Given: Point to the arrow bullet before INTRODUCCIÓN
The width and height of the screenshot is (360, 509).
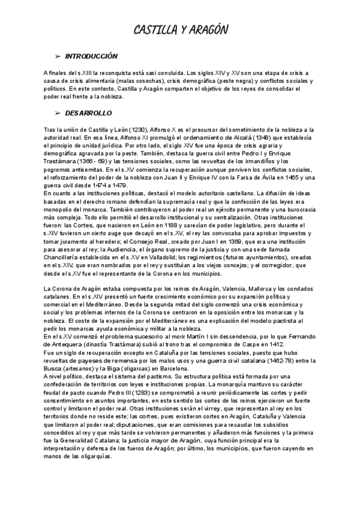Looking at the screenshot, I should coord(58,55).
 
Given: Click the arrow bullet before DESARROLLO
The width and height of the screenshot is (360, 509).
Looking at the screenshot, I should coord(58,112).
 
